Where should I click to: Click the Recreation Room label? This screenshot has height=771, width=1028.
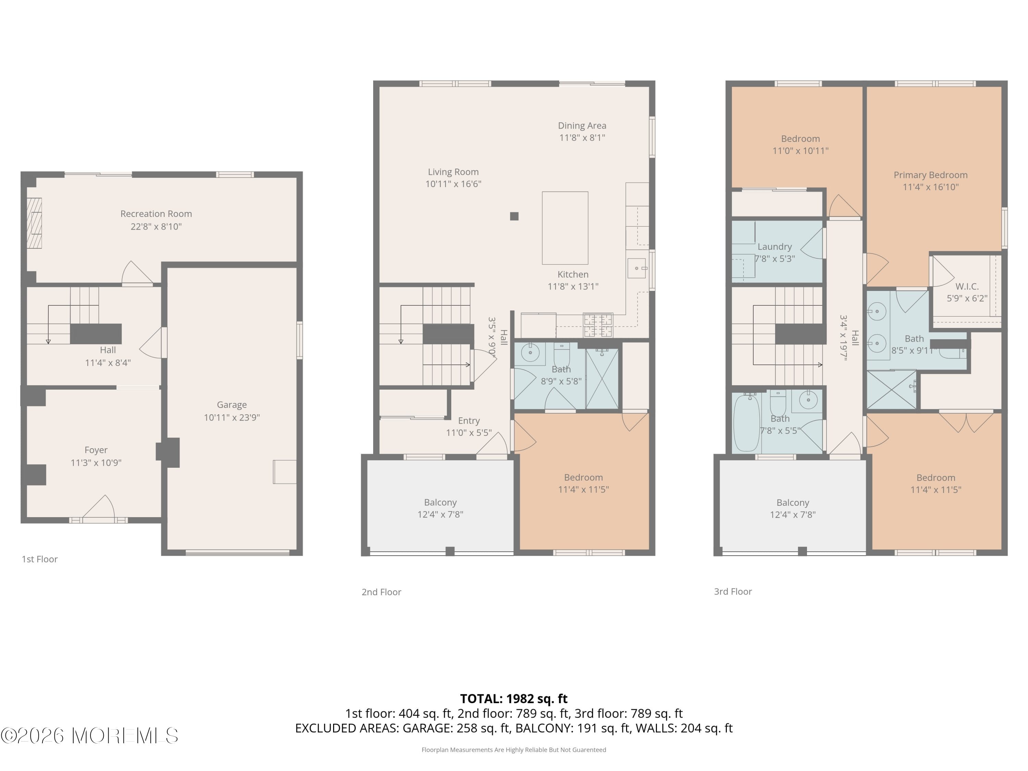[156, 214]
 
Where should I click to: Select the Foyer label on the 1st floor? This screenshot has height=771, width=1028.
[96, 450]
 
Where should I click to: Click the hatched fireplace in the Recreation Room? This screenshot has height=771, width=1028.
[34, 223]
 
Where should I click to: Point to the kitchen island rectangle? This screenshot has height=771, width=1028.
[565, 228]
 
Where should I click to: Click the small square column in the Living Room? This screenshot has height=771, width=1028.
[514, 216]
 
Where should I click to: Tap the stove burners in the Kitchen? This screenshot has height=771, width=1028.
[598, 325]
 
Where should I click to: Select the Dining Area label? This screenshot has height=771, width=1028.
[582, 125]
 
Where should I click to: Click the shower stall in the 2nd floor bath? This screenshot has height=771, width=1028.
[602, 378]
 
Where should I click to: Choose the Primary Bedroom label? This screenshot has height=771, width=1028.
[930, 175]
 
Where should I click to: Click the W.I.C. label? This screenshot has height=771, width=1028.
[967, 286]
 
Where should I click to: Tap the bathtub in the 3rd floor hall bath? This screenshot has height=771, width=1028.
[746, 423]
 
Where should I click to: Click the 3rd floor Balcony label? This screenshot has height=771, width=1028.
[793, 502]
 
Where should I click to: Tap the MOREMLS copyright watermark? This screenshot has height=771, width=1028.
[89, 735]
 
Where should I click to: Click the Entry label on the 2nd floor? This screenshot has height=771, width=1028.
[468, 420]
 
